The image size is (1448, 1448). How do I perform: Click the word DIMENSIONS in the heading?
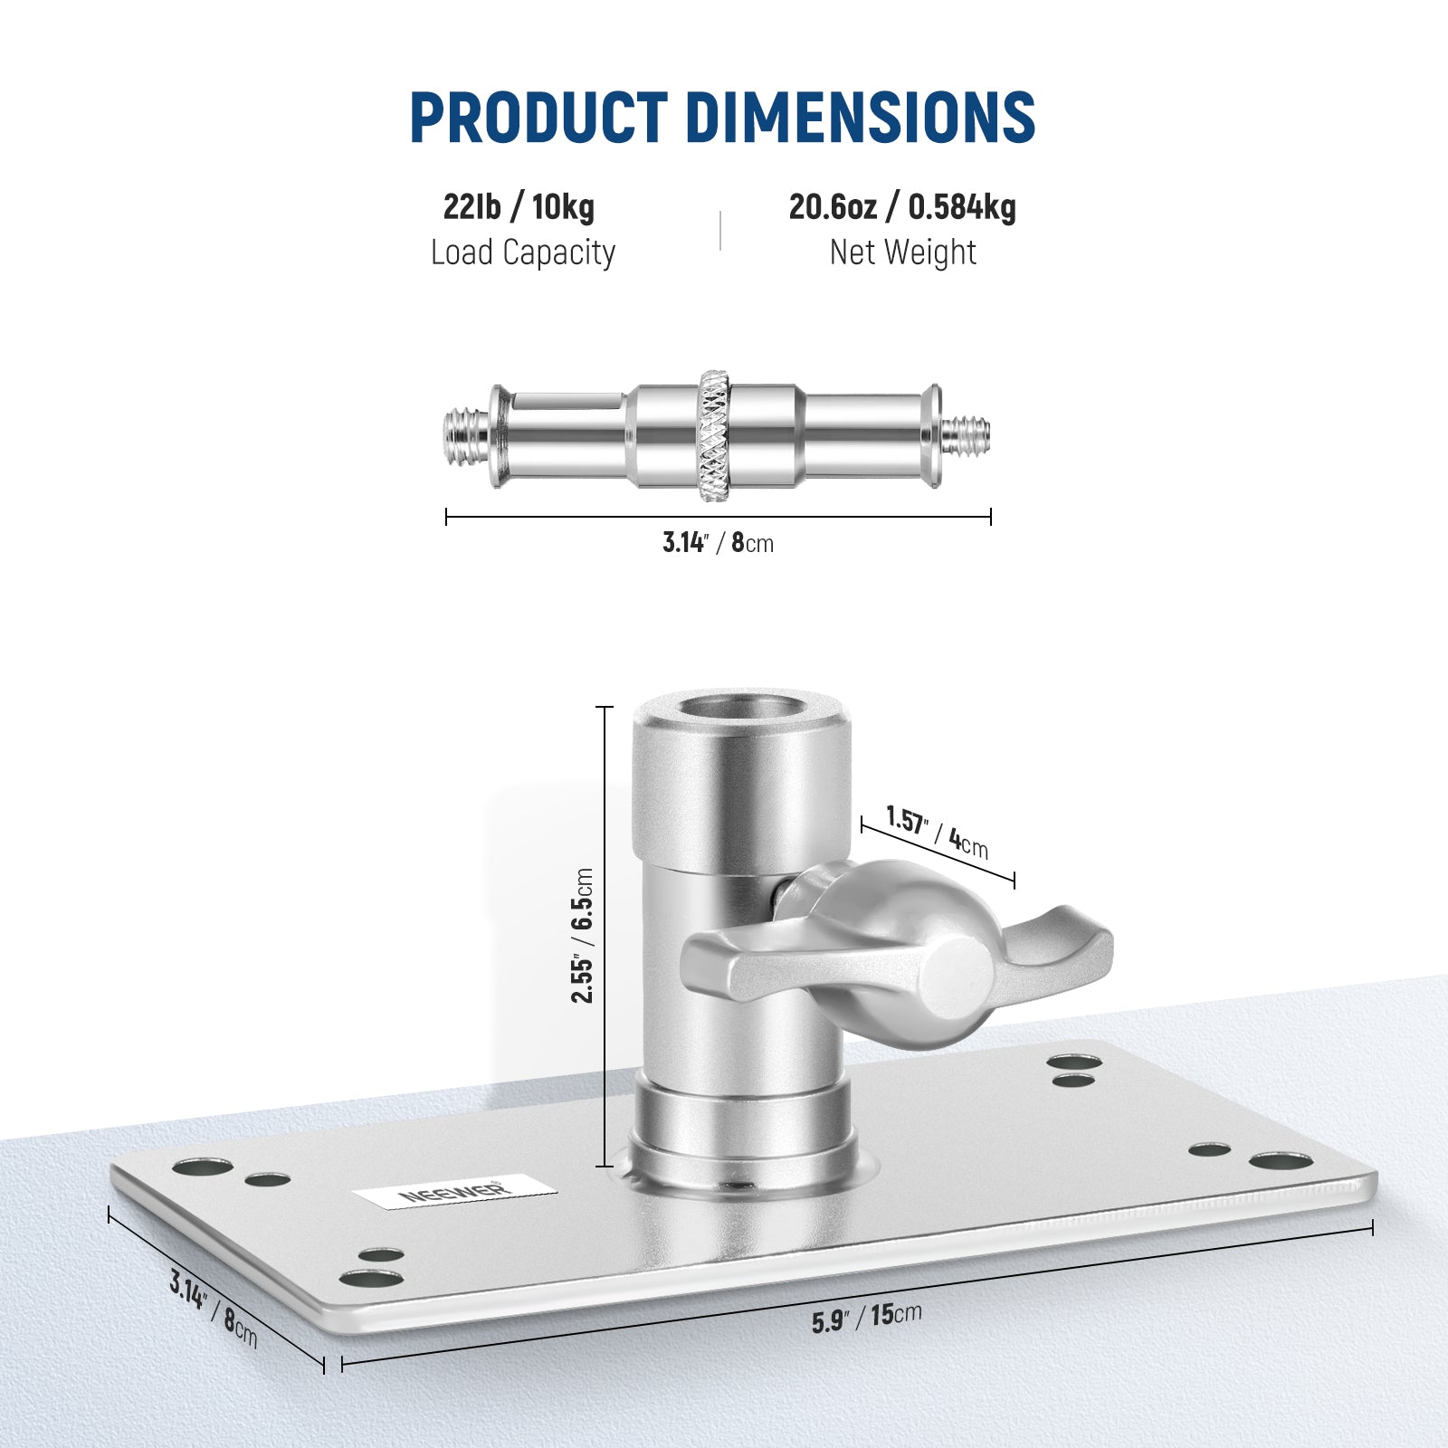point(860,118)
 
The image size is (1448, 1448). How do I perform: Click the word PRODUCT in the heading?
point(538,118)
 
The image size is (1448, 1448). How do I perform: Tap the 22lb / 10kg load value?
point(519,207)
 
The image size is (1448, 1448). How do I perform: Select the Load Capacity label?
point(522,252)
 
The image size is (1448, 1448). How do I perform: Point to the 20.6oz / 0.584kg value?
point(902,207)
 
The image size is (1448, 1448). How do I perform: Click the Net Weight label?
point(902,252)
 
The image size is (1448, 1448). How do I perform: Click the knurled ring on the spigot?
point(713,435)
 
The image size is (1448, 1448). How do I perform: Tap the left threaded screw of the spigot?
point(466,435)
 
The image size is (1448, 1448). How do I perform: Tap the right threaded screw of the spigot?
point(966,433)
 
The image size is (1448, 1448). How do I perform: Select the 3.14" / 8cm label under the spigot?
point(718,543)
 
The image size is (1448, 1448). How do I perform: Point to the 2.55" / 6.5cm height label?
point(583,936)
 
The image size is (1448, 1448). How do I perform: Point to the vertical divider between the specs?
point(720,230)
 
